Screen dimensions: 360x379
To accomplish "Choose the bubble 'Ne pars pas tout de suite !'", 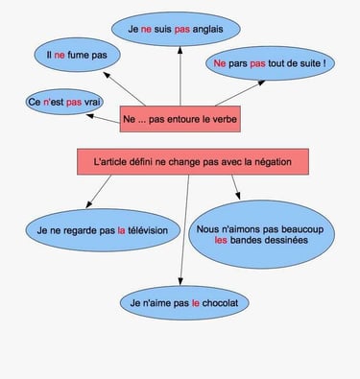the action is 272,64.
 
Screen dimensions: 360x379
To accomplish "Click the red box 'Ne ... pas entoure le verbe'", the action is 180,119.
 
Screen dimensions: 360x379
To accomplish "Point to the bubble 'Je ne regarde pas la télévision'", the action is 96,230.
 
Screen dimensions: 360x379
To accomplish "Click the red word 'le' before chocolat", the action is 196,303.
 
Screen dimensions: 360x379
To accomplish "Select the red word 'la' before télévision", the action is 121,230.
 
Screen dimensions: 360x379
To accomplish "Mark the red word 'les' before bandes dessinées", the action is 221,243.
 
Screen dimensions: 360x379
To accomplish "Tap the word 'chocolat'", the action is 222,303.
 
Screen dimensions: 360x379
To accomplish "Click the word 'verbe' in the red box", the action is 223,119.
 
